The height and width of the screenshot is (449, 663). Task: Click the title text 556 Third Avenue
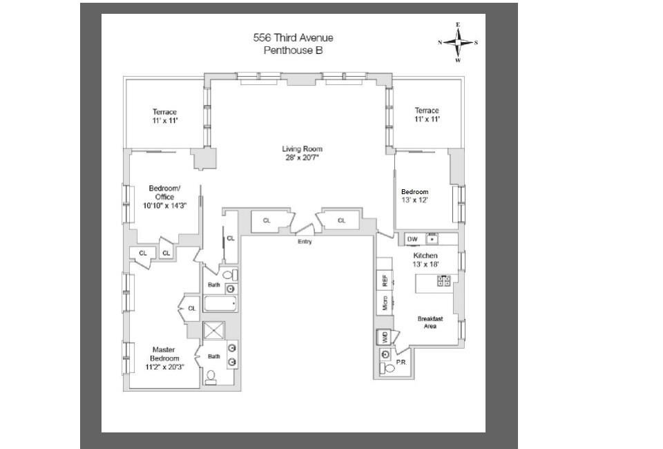293,38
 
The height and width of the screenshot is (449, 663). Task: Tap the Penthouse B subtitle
293,50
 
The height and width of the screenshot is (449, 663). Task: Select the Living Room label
302,149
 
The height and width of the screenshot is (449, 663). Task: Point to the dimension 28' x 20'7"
302,157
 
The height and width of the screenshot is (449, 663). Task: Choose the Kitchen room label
425,256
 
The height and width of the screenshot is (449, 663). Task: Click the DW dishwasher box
412,239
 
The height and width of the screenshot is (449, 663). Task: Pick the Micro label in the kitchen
385,303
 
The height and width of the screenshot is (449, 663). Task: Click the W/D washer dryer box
384,338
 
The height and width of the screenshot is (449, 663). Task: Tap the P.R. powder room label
401,361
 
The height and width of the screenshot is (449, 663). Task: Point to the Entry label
305,242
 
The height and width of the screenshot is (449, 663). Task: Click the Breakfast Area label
430,323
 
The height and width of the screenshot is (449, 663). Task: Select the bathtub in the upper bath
220,303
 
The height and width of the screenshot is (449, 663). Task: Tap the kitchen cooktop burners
443,280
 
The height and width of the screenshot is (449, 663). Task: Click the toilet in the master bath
212,377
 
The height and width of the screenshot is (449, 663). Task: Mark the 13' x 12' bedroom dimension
414,200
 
